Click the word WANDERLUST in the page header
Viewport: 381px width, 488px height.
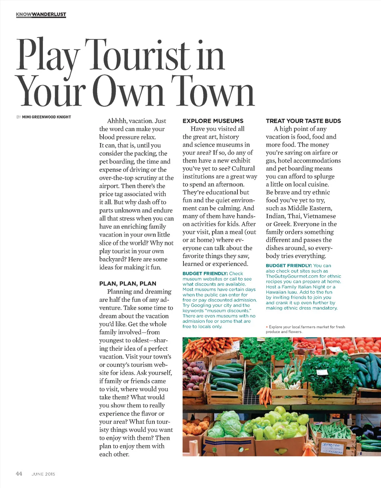49,15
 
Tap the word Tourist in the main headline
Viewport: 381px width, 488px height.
137,55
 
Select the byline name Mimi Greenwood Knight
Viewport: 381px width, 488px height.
47,117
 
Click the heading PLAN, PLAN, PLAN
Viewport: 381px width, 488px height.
128,283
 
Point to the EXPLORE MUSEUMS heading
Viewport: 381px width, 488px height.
213,121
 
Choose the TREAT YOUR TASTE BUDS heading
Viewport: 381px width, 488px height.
303,121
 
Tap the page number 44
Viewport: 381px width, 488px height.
19,473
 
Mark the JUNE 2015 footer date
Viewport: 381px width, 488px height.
43,474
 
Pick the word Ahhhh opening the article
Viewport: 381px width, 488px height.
117,121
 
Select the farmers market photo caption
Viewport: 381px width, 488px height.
305,329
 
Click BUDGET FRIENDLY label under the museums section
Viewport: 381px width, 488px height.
205,273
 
